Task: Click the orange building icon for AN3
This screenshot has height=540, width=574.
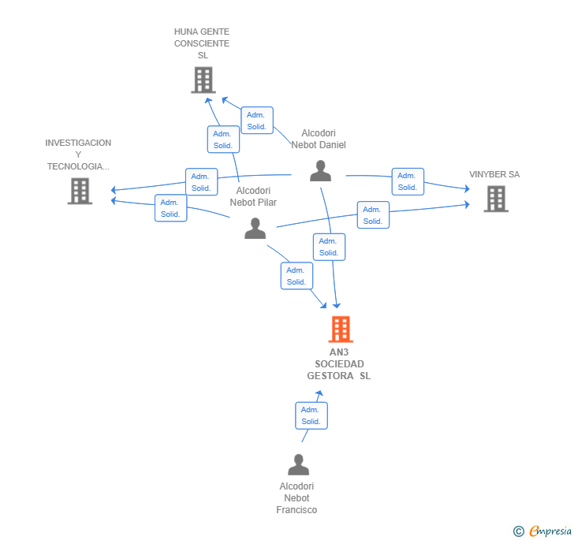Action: pyautogui.click(x=341, y=330)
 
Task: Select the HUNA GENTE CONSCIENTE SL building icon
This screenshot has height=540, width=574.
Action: pyautogui.click(x=203, y=80)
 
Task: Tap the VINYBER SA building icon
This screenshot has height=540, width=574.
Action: pyautogui.click(x=496, y=199)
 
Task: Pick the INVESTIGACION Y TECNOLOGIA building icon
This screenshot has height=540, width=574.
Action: pyautogui.click(x=80, y=191)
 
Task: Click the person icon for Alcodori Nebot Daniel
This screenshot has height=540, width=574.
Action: pyautogui.click(x=320, y=170)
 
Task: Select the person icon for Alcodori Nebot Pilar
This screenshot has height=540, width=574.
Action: pyautogui.click(x=255, y=228)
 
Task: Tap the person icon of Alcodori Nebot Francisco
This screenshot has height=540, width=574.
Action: pyautogui.click(x=298, y=464)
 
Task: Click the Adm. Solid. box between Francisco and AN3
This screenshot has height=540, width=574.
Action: pyautogui.click(x=311, y=415)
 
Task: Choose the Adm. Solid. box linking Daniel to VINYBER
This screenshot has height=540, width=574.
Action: pyautogui.click(x=408, y=181)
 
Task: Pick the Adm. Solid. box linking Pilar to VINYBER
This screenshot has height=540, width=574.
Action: pyautogui.click(x=373, y=215)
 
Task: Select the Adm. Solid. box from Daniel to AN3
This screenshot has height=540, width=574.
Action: pyautogui.click(x=329, y=247)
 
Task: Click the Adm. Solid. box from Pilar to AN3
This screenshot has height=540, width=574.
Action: pyautogui.click(x=296, y=276)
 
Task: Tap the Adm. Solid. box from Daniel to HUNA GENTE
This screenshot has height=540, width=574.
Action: pyautogui.click(x=257, y=121)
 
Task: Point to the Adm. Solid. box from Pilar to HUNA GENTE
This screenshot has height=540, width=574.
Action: pyautogui.click(x=223, y=140)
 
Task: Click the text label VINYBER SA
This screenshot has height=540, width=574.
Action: pyautogui.click(x=494, y=174)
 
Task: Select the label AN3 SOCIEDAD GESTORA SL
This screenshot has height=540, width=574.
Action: pyautogui.click(x=339, y=364)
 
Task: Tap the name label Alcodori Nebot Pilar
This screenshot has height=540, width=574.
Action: pyautogui.click(x=253, y=196)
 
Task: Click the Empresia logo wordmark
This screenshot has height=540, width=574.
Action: pyautogui.click(x=550, y=531)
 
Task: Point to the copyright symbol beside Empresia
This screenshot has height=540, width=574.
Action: pyautogui.click(x=518, y=531)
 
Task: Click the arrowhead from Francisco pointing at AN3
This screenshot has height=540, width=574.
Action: pyautogui.click(x=319, y=393)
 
